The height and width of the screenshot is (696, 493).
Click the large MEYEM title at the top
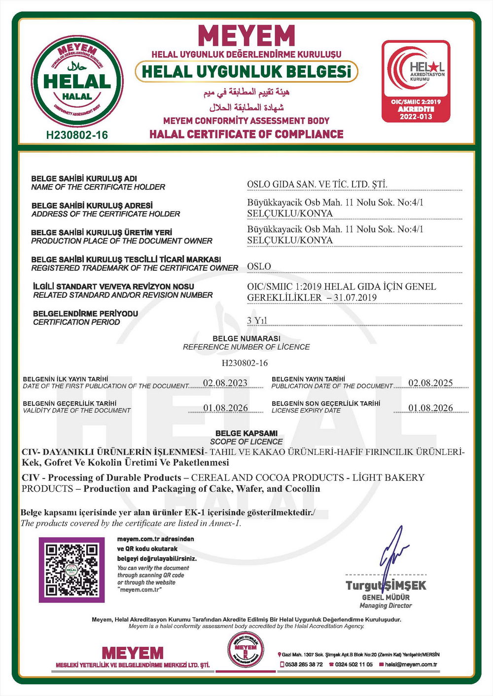(246, 35)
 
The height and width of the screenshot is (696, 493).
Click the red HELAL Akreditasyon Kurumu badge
(416, 81)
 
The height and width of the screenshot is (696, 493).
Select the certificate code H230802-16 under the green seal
(77, 135)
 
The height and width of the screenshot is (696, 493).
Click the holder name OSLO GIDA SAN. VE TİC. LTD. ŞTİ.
(317, 185)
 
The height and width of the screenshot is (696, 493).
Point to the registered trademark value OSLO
(259, 266)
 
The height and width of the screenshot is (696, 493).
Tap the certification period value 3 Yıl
(257, 320)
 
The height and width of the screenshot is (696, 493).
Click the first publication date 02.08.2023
(225, 383)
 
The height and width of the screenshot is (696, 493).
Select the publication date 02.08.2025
(430, 383)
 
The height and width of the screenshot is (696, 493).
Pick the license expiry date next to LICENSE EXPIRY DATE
(430, 408)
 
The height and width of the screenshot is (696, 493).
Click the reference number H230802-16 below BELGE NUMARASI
(245, 363)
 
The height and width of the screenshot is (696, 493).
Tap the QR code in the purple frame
(71, 569)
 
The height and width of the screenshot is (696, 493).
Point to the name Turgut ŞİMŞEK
(386, 585)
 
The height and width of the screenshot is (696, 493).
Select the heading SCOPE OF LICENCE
(246, 442)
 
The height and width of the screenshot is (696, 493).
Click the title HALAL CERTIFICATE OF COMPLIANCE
(246, 134)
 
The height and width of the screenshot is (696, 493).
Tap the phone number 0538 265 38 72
(304, 664)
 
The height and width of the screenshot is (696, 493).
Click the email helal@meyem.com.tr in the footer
(411, 664)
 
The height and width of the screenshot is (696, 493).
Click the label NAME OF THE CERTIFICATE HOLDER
(98, 187)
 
